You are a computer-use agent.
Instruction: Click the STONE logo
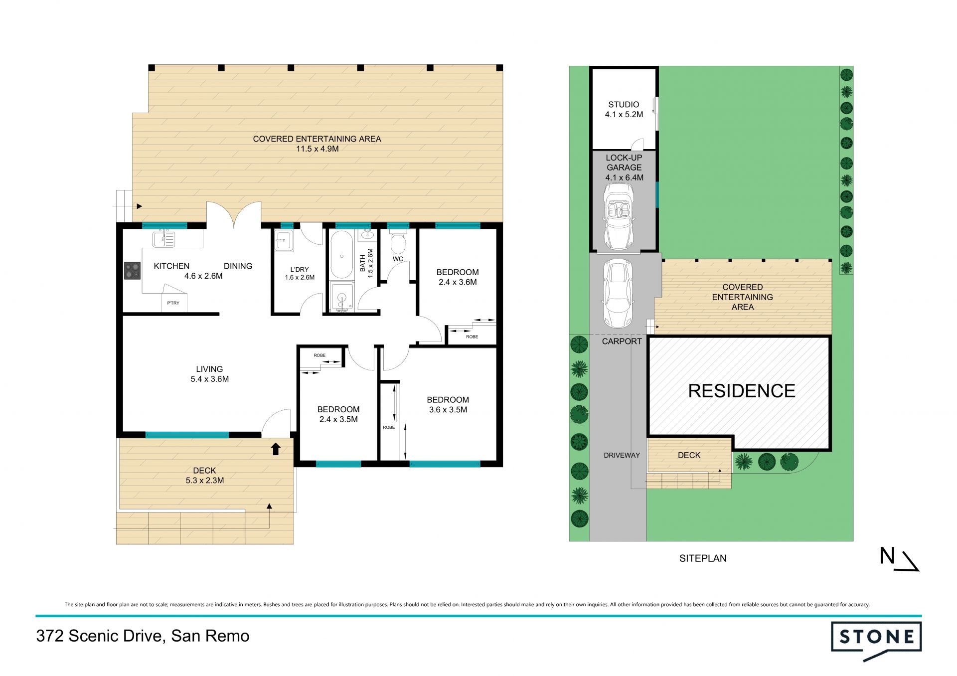(876, 640)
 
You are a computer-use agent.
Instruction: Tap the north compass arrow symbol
(910, 561)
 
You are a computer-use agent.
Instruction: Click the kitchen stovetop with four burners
(132, 271)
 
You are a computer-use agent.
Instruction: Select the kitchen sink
(163, 239)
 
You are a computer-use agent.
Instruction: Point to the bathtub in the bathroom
(341, 254)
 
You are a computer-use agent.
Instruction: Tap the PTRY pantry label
(173, 303)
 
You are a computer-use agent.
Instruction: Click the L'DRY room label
(300, 269)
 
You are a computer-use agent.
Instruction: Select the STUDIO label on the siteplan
(624, 105)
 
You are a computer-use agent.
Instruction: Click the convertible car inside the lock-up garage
(618, 216)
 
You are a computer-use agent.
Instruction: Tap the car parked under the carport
(618, 293)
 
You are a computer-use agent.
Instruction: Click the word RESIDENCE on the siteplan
(742, 391)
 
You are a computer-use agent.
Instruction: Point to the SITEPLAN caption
(703, 558)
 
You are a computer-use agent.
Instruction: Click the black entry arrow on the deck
(275, 449)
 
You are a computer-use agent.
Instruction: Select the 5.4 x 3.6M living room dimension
(210, 379)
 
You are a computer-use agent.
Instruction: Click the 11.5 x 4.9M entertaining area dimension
(318, 149)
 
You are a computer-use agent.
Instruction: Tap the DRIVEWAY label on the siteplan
(622, 455)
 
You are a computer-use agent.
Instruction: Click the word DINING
(238, 266)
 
